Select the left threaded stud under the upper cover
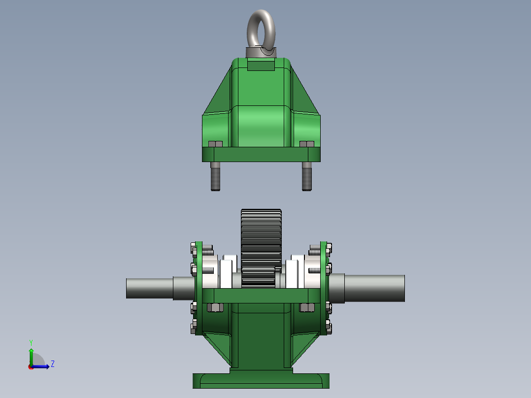point(215,176)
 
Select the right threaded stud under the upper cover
point(307,176)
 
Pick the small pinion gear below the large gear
point(258,277)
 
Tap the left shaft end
point(150,289)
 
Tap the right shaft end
point(374,288)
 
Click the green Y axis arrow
point(31,357)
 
